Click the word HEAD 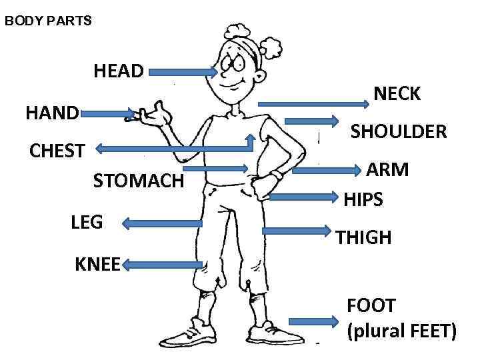pyautogui.click(x=119, y=71)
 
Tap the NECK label pyautogui.click(x=397, y=94)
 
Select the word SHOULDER pyautogui.click(x=399, y=132)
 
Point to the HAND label pyautogui.click(x=52, y=113)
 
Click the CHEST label pyautogui.click(x=57, y=151)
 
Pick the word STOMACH pyautogui.click(x=138, y=181)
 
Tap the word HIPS pyautogui.click(x=363, y=199)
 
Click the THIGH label pyautogui.click(x=363, y=237)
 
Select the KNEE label pyautogui.click(x=97, y=265)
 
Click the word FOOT pyautogui.click(x=371, y=305)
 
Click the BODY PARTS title pyautogui.click(x=48, y=21)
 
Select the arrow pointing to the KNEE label pyautogui.click(x=162, y=265)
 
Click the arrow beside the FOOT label pyautogui.click(x=314, y=321)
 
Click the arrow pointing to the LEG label pyautogui.click(x=163, y=225)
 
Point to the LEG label pyautogui.click(x=87, y=222)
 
